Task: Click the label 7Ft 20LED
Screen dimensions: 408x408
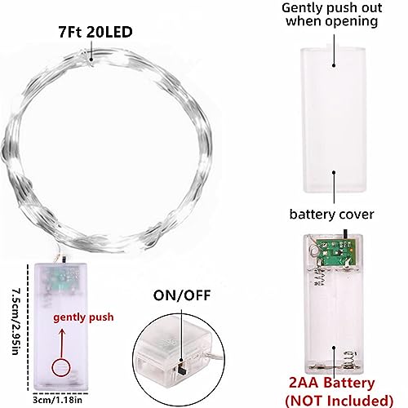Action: [95, 32]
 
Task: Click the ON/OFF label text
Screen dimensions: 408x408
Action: [182, 295]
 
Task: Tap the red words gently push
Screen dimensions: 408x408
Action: [83, 317]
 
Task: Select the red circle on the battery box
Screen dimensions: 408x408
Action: [61, 368]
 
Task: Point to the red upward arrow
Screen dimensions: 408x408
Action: [62, 344]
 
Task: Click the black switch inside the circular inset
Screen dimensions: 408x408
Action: [180, 368]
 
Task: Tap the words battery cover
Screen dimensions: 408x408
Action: [331, 215]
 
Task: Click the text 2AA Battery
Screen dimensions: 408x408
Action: [331, 383]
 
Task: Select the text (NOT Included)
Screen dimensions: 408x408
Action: [339, 401]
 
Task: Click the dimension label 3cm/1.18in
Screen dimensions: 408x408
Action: [57, 400]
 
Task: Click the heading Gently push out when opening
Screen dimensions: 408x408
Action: [331, 15]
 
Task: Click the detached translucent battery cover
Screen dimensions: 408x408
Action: [333, 120]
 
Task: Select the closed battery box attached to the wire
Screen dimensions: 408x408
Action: [60, 326]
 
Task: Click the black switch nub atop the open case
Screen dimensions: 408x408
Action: [345, 233]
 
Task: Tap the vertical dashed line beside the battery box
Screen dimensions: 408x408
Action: [28, 327]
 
